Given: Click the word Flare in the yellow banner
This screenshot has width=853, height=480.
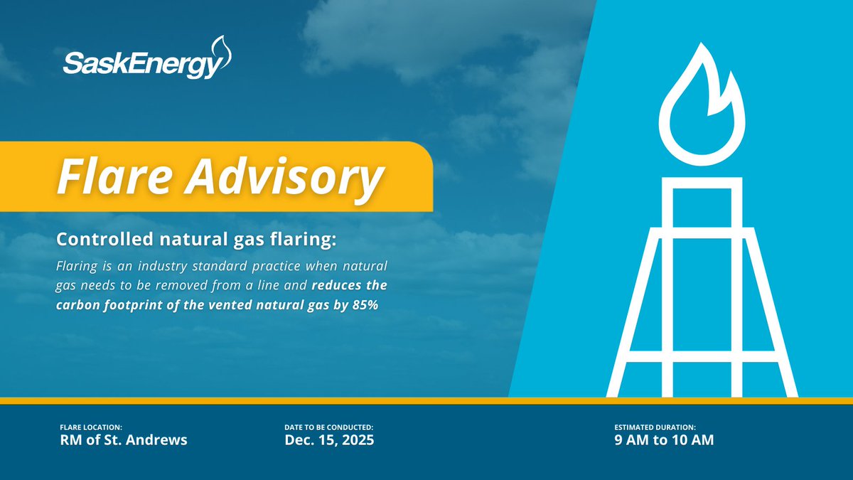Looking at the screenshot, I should tap(113, 177).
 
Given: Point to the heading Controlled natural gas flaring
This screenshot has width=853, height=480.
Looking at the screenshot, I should tap(196, 240).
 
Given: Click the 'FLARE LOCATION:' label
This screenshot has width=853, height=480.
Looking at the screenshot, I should tap(91, 427).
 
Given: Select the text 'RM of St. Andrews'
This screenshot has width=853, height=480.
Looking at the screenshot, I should tap(124, 440).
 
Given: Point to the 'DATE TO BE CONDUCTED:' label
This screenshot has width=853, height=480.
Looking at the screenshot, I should tap(328, 427).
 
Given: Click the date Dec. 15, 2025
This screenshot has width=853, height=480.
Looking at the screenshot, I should tap(329, 440).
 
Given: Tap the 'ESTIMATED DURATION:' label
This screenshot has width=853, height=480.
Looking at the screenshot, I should tap(660, 427).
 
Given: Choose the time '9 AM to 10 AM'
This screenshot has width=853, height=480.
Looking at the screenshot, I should tap(664, 440).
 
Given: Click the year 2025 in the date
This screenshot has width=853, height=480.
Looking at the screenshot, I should tap(356, 440).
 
